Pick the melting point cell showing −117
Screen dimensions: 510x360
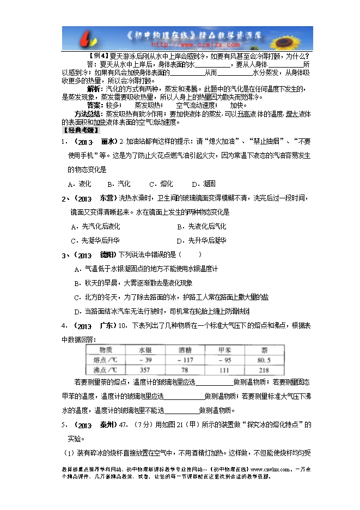point(185,360)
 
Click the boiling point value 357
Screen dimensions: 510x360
point(145,371)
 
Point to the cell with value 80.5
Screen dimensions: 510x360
point(264,360)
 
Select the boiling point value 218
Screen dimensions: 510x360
point(264,371)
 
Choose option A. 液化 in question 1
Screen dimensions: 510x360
point(80,184)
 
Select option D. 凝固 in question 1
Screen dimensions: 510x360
point(203,184)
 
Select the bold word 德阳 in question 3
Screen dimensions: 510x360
point(107,254)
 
